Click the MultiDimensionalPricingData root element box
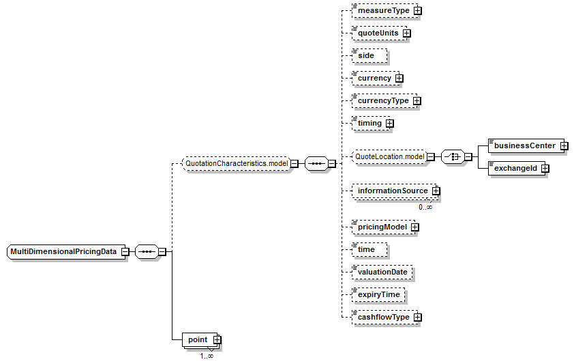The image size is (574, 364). [x=66, y=252]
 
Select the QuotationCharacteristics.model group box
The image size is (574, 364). [x=237, y=163]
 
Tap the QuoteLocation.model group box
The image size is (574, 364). [x=389, y=157]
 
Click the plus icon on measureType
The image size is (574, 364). [x=417, y=11]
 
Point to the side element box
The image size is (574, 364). [x=369, y=56]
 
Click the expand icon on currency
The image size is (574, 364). [x=399, y=79]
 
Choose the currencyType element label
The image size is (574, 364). [x=383, y=101]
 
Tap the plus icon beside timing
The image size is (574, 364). [x=389, y=124]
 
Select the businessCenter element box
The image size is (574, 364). [x=526, y=146]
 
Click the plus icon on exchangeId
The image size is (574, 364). [x=545, y=169]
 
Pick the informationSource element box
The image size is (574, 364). [x=394, y=191]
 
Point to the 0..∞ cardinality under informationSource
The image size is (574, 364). [x=425, y=207]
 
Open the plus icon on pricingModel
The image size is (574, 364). [x=414, y=227]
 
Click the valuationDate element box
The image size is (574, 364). [x=382, y=272]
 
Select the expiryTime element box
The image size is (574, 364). [x=378, y=295]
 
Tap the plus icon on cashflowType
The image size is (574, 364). [x=417, y=318]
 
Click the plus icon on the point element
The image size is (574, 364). [x=217, y=340]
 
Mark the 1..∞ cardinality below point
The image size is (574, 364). [x=207, y=356]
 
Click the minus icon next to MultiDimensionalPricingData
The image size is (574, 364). [x=125, y=252]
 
